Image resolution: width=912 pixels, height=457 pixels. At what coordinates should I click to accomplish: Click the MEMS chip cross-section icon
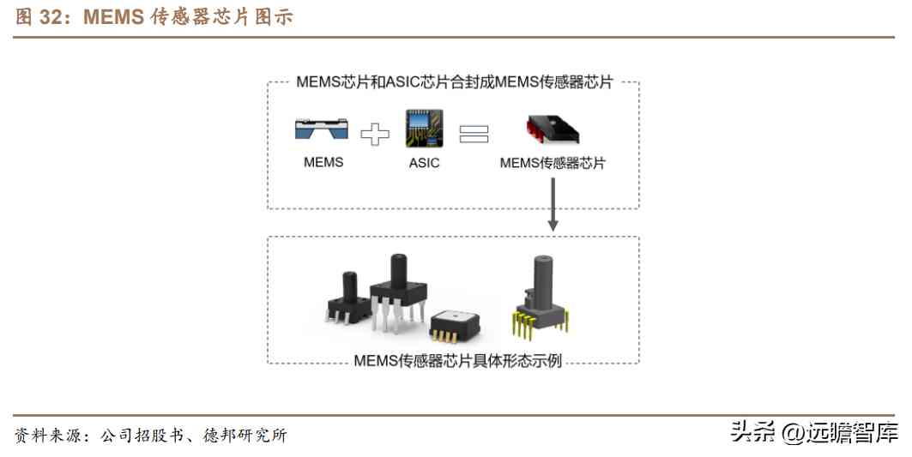[x=323, y=129]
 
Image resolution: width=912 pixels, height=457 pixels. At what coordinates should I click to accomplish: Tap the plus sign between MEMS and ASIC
[x=374, y=134]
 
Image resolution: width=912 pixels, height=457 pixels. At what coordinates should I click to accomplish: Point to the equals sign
[x=474, y=134]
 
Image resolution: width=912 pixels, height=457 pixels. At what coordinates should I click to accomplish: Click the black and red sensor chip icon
[x=552, y=129]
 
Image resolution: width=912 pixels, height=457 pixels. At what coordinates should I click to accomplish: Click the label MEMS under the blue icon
[x=323, y=162]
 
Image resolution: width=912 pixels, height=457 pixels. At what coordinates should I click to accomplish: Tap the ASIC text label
[x=424, y=162]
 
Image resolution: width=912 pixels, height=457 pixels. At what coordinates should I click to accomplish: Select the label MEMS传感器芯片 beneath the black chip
[x=553, y=162]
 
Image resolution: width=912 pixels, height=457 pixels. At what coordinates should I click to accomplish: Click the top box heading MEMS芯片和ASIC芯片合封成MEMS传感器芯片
[x=454, y=82]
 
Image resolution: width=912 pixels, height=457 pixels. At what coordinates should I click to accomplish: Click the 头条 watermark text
[x=752, y=432]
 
